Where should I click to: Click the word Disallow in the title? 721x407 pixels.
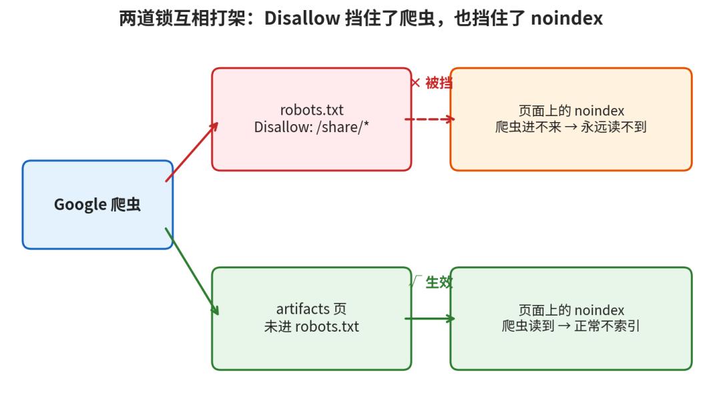point(302,19)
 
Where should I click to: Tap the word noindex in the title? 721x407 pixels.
point(567,19)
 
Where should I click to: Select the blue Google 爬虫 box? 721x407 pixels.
point(97,204)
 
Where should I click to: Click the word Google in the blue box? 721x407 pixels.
point(81,204)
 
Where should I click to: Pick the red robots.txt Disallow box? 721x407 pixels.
point(311,119)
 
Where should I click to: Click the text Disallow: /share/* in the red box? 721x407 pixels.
point(311,127)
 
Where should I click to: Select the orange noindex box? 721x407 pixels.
point(571,119)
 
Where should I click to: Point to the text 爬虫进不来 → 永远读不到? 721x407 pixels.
point(571,127)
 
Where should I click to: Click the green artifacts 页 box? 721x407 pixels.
point(311,318)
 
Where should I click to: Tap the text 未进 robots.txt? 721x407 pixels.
point(311,326)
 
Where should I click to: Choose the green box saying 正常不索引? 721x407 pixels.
point(571,318)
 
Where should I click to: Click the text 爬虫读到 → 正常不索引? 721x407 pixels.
point(571,326)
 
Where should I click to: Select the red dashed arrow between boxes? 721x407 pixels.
point(429,119)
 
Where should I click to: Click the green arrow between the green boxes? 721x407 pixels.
point(429,318)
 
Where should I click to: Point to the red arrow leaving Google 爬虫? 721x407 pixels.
point(192,151)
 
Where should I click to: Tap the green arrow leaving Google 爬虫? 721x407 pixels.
point(192,272)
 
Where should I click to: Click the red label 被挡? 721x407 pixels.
point(439,83)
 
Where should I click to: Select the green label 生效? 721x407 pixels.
point(439,282)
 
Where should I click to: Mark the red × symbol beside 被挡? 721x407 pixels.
point(416,83)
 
